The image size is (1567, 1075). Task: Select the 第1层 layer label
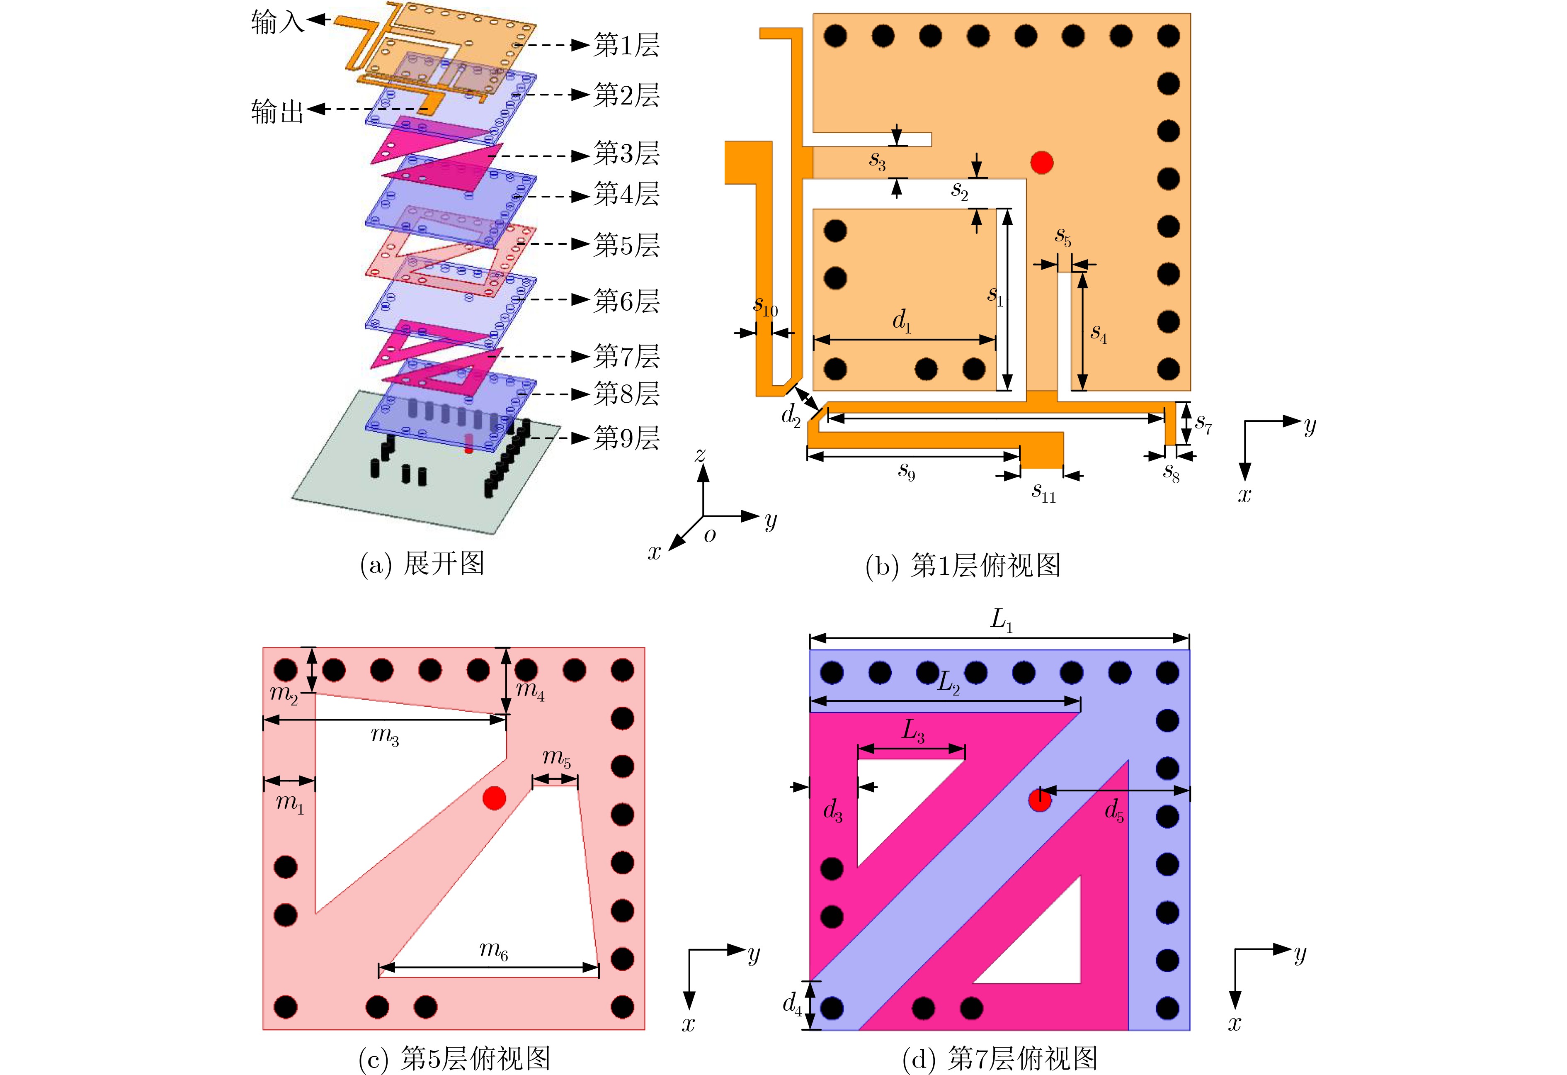click(626, 45)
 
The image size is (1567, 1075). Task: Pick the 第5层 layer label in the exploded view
click(626, 245)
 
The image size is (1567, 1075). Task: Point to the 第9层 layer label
click(626, 438)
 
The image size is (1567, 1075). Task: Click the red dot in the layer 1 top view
click(1042, 162)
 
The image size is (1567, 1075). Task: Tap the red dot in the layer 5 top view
click(494, 798)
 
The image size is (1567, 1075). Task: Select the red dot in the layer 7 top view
click(1040, 800)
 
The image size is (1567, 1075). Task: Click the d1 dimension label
click(902, 322)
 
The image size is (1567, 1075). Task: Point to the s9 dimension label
click(906, 472)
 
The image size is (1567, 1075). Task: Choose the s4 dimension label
click(1099, 333)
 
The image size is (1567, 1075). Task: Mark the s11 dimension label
click(1043, 492)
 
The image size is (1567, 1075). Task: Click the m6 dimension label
click(494, 950)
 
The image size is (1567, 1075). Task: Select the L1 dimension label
click(1001, 620)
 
